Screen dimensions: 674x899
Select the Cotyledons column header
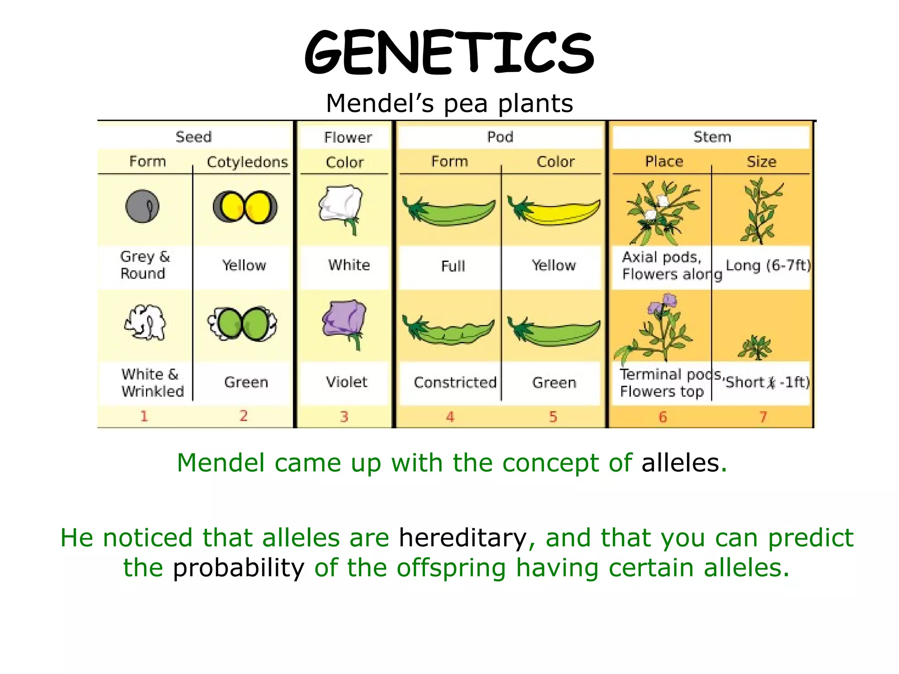tap(247, 162)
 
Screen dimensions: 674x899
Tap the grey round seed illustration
tap(142, 206)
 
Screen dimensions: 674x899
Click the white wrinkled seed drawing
tap(145, 323)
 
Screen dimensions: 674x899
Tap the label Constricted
tap(455, 383)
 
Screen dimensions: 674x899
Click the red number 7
tap(763, 416)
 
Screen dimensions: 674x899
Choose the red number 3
tap(344, 416)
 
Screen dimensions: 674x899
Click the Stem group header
tap(712, 137)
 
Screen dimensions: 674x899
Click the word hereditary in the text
tap(463, 538)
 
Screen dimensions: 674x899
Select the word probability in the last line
tap(238, 568)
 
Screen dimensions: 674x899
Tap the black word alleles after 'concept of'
tap(680, 463)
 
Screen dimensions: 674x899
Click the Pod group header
tap(500, 137)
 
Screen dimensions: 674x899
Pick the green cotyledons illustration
tap(242, 324)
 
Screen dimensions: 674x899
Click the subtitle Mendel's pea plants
tap(449, 104)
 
